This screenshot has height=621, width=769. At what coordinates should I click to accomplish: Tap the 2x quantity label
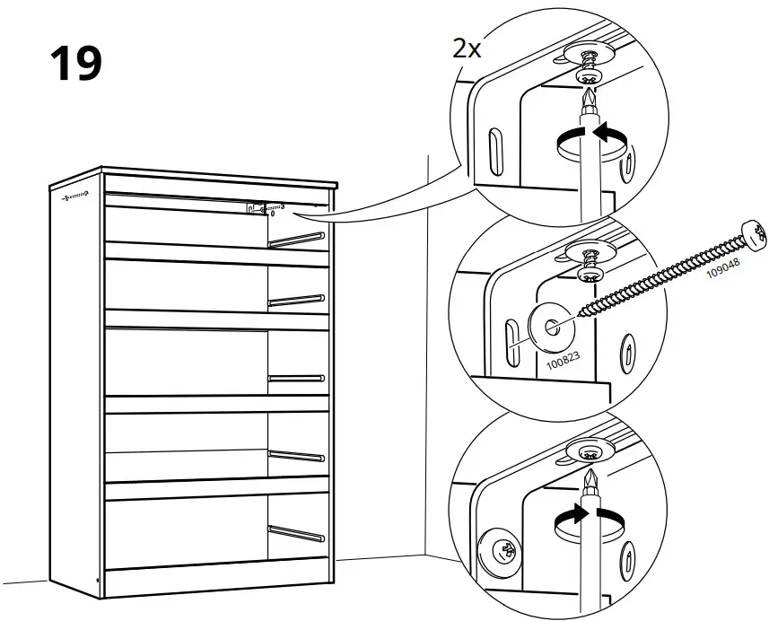coord(467,48)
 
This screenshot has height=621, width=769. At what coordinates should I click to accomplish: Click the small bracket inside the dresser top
coord(254,208)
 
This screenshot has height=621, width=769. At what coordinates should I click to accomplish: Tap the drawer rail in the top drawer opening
coord(295,240)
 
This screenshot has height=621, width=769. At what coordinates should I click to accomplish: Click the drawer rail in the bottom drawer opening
coord(297,532)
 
